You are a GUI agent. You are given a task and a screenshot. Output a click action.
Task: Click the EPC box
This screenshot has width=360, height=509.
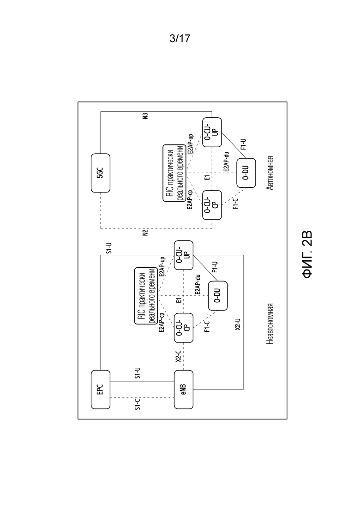point(101,389)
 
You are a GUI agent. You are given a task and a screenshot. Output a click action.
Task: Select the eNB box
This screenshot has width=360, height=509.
point(184,389)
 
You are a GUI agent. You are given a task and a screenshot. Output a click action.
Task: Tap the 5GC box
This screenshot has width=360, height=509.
point(101,173)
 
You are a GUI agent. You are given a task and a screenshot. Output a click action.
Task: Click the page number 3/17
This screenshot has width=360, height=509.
point(180,39)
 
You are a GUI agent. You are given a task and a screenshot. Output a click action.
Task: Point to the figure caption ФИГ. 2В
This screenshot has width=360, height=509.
point(307,255)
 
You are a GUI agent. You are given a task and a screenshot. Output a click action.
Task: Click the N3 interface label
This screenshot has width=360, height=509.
point(145,116)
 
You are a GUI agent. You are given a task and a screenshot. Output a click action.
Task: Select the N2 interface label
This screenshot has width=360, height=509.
point(145,233)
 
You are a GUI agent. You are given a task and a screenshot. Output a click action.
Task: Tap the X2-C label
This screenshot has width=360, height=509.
point(178,356)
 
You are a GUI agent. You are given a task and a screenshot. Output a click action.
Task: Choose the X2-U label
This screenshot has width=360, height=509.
point(238,324)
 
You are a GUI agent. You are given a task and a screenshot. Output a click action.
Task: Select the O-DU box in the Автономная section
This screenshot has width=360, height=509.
point(246,173)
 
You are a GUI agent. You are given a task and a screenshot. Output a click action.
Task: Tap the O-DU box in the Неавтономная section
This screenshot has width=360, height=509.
point(217,296)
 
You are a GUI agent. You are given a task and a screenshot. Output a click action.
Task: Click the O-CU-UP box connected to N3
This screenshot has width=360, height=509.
point(212,132)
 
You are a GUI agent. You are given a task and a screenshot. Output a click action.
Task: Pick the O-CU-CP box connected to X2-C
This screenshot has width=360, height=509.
point(184,328)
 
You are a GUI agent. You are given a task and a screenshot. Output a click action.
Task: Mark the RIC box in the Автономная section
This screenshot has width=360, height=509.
point(174,173)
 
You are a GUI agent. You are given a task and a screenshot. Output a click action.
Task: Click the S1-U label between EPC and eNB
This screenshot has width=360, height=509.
point(138,373)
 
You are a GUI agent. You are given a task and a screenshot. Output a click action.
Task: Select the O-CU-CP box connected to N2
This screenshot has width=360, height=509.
point(212,205)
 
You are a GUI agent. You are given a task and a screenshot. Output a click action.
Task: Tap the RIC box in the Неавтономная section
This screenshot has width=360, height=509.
point(146,296)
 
